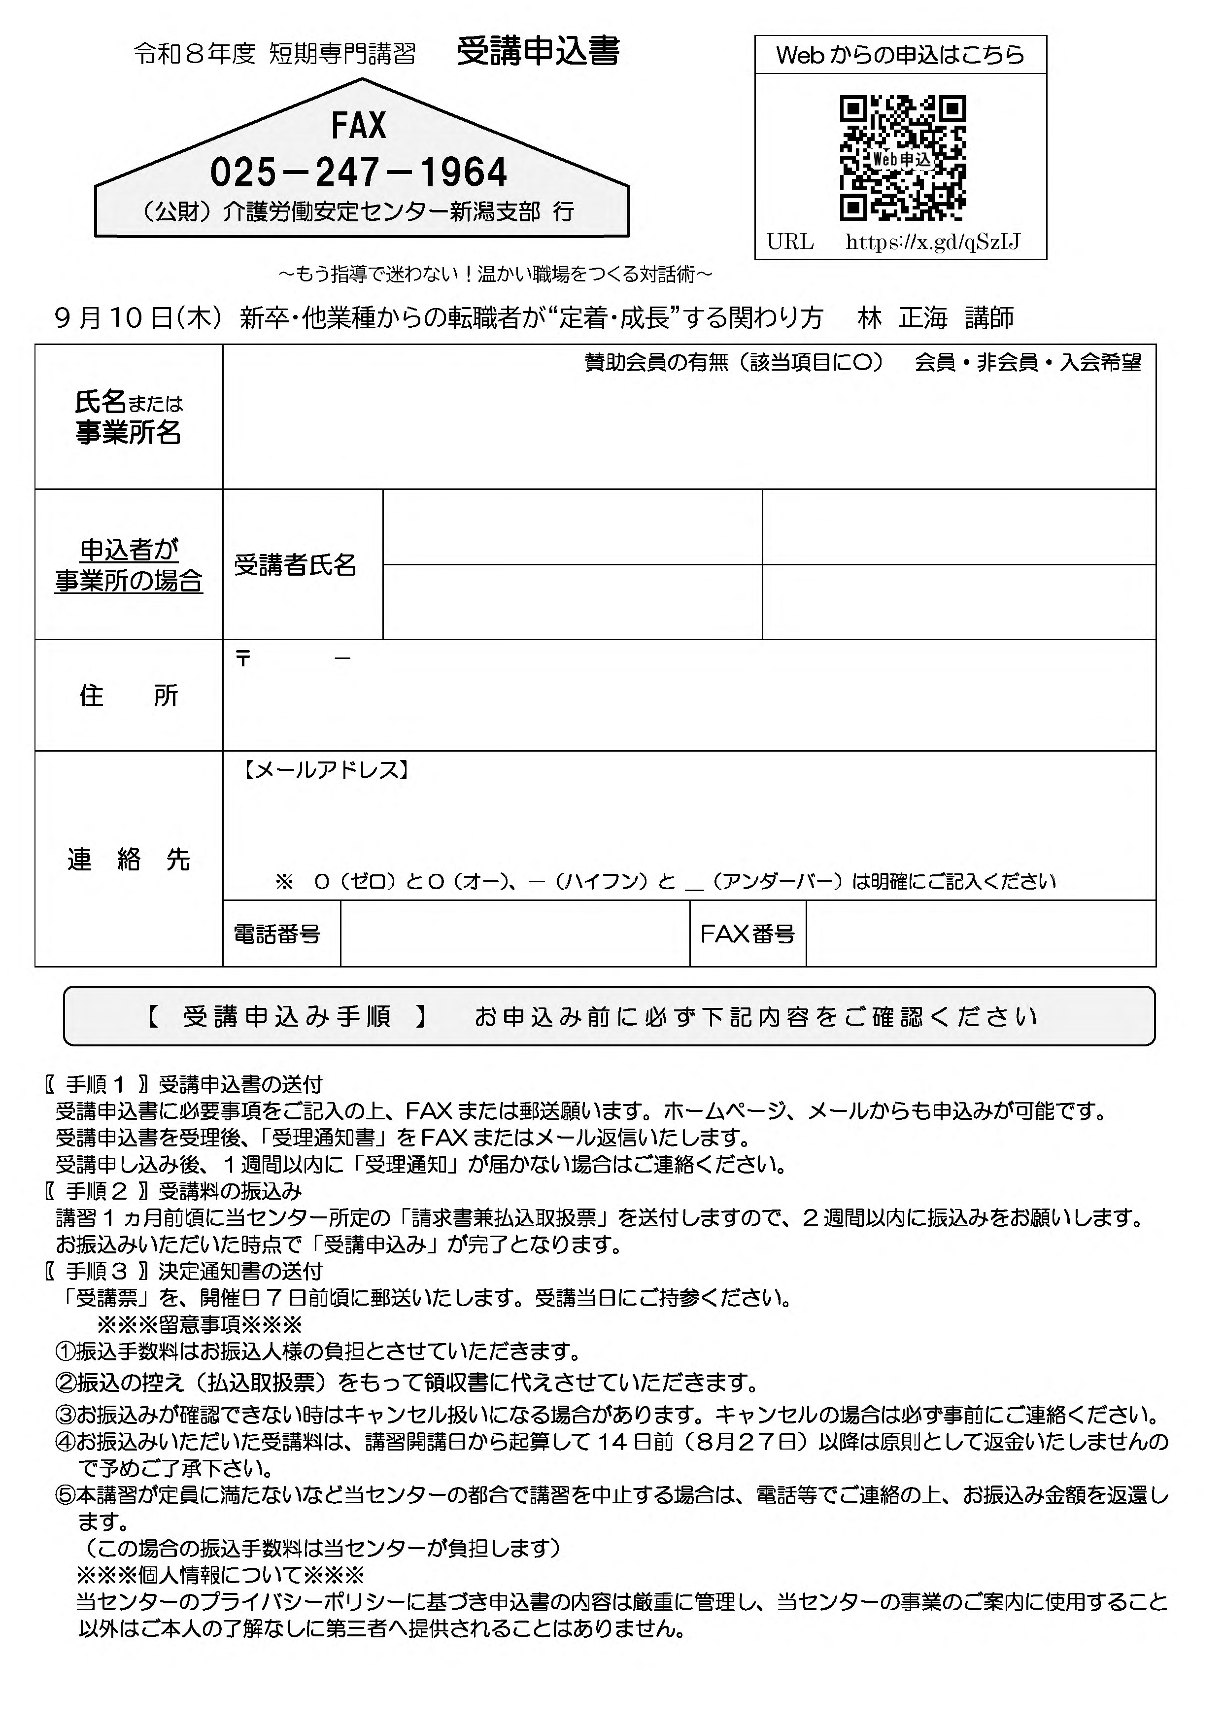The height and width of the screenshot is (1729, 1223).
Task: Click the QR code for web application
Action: [902, 159]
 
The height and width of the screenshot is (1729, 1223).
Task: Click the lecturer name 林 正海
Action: [902, 318]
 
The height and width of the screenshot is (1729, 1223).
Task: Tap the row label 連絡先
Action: [129, 859]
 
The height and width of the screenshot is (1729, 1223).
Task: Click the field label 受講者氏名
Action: [295, 565]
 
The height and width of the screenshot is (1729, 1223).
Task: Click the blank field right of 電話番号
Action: [515, 934]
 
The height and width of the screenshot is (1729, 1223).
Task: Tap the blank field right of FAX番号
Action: [981, 934]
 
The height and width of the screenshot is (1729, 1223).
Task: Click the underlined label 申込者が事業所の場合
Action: [129, 565]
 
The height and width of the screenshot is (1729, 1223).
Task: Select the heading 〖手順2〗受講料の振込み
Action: [173, 1191]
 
